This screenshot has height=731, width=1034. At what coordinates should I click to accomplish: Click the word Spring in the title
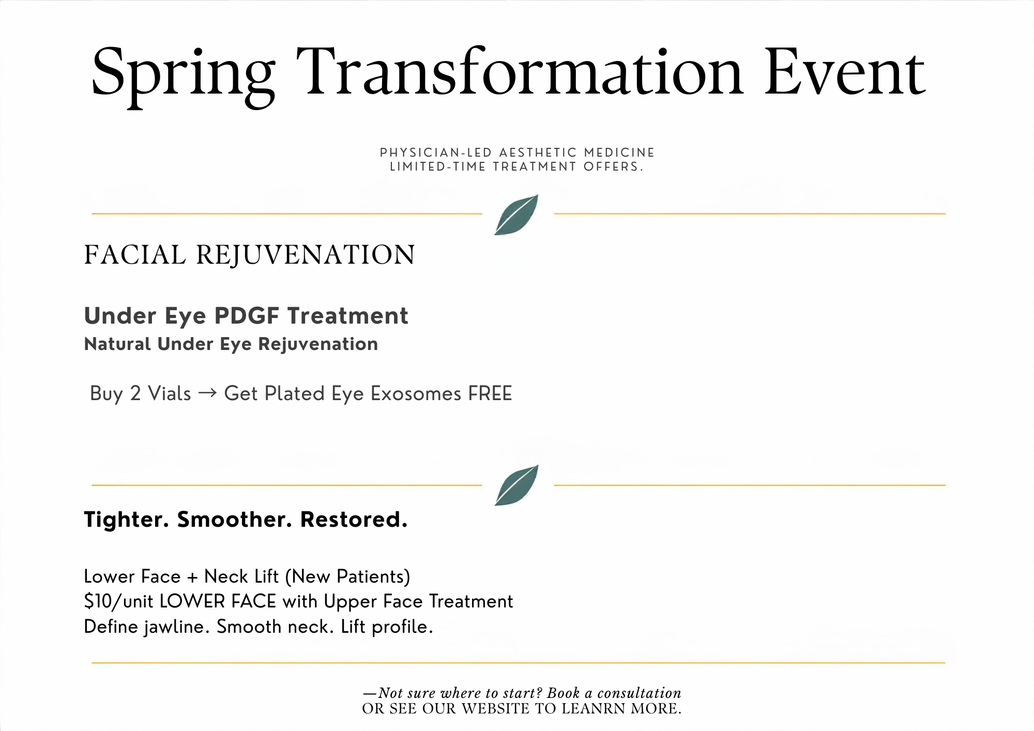(x=183, y=75)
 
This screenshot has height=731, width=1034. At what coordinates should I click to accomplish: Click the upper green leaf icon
(x=516, y=215)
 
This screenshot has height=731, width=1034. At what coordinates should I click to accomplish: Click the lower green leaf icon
(x=516, y=485)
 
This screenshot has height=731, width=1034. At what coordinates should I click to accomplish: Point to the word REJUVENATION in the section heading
(x=306, y=255)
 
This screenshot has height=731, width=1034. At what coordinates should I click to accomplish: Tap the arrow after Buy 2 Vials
(x=207, y=394)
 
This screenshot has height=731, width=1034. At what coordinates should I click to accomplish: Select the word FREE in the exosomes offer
(x=490, y=394)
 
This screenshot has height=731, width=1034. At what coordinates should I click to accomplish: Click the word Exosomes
(x=416, y=394)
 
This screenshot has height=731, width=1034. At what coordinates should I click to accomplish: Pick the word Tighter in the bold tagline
(x=127, y=520)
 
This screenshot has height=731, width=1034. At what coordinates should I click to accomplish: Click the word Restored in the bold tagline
(x=354, y=520)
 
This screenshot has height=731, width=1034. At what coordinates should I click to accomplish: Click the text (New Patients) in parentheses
(x=347, y=577)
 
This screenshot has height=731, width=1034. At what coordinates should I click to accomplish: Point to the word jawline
(x=177, y=627)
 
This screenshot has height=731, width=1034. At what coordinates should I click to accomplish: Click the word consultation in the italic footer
(x=639, y=693)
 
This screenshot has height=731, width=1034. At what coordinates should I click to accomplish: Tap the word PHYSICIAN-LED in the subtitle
(x=436, y=153)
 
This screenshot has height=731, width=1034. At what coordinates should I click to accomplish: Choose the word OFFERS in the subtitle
(x=613, y=167)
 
